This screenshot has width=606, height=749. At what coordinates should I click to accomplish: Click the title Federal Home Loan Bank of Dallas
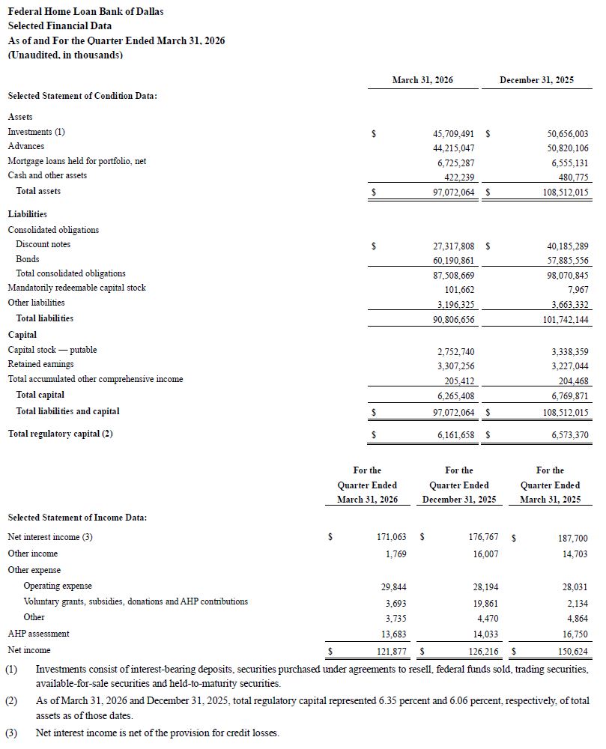click(85, 11)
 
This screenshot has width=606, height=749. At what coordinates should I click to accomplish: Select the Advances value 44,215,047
click(449, 148)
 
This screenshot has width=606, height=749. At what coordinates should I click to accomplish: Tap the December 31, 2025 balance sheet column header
click(536, 80)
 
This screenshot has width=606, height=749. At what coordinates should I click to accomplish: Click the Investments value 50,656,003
click(563, 133)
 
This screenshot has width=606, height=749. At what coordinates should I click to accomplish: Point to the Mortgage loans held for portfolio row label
click(76, 161)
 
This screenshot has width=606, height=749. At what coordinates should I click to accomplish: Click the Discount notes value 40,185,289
click(563, 246)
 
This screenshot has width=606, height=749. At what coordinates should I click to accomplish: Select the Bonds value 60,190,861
click(449, 261)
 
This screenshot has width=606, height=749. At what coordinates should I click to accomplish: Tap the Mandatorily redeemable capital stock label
click(76, 288)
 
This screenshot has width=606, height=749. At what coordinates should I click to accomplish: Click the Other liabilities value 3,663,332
click(566, 304)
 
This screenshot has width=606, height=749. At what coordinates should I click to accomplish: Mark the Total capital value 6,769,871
click(566, 395)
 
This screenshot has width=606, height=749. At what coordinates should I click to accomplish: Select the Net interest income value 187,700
click(572, 538)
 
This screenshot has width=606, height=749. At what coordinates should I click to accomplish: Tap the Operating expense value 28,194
click(482, 586)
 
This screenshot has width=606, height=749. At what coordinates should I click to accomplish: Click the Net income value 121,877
click(390, 651)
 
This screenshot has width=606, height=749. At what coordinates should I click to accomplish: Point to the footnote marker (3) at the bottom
click(11, 733)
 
